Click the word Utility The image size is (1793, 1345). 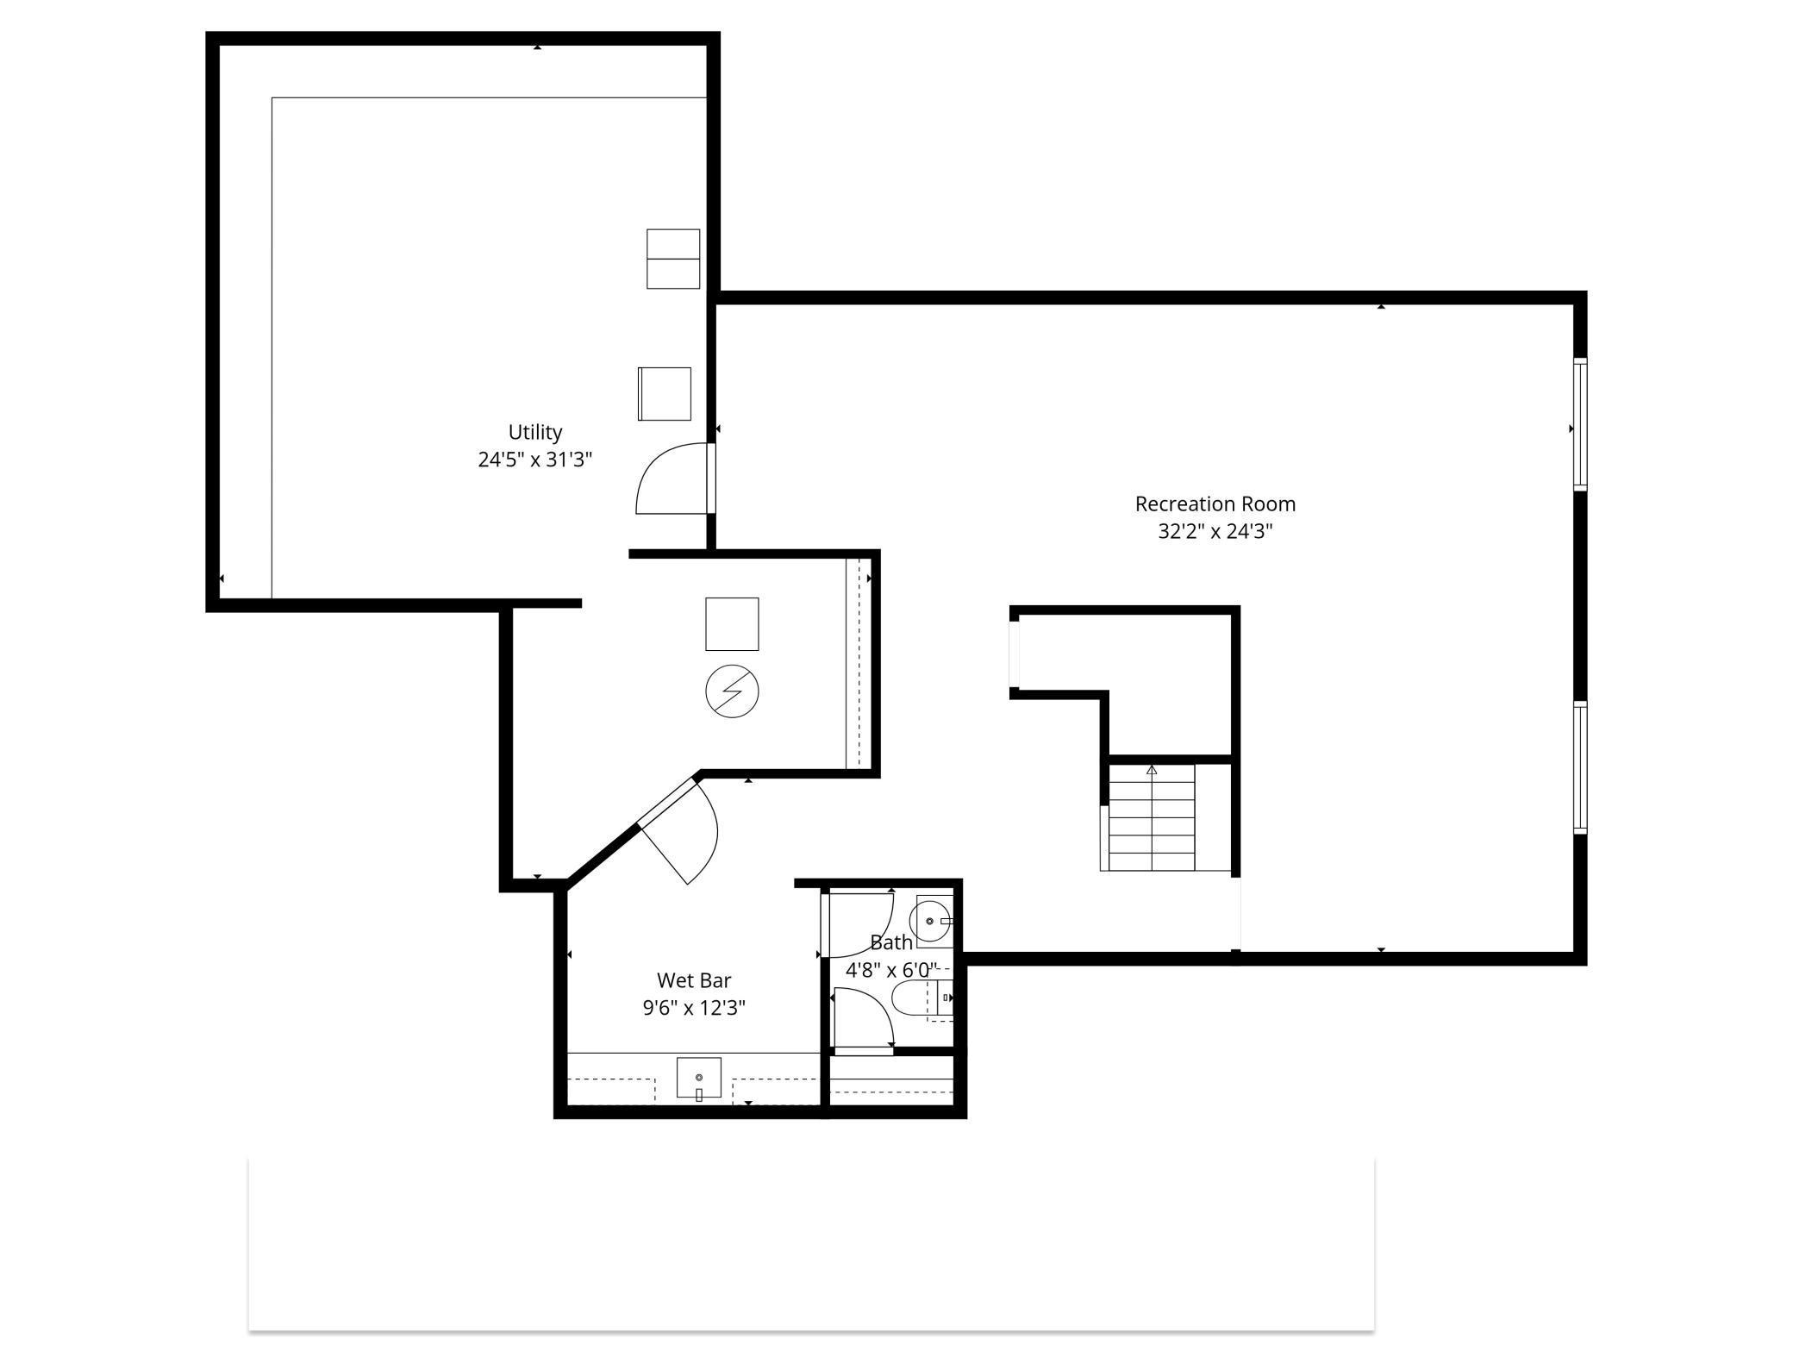pos(534,432)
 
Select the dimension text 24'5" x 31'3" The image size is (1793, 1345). pos(534,460)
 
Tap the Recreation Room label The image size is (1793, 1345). pos(1215,504)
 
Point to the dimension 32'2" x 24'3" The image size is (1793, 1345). pos(1215,531)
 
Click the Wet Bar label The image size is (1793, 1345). pos(694,980)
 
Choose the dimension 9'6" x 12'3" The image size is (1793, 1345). pos(694,1008)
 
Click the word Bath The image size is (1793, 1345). pos(890,942)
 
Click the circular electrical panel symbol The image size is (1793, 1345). pos(732,691)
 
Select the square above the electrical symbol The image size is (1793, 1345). pos(732,623)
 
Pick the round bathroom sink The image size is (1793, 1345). pos(931,922)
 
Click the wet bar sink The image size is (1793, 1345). pos(698,1078)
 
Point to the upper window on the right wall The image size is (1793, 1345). pos(1580,424)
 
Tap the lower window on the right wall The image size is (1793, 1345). pos(1580,766)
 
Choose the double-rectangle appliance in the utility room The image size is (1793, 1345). pos(673,259)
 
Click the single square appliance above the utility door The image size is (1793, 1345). pos(665,394)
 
